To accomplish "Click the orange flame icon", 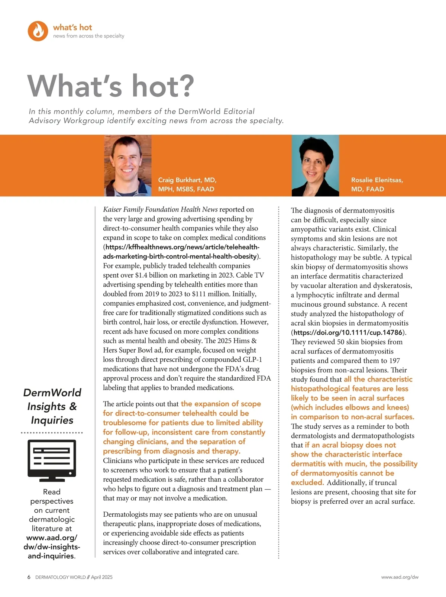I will click(38, 31).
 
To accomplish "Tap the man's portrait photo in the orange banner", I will click(128, 165).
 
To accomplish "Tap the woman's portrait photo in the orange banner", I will click(315, 165).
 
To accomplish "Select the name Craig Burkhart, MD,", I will click(187, 180).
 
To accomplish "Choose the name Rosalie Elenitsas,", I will click(377, 180).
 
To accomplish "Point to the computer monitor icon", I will click(52, 460).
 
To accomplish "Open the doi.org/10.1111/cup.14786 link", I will click(348, 332).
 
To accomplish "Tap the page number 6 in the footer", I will click(29, 577).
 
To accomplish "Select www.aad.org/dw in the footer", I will click(400, 577).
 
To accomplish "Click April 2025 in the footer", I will click(101, 577).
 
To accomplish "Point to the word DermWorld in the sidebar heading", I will click(52, 393).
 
